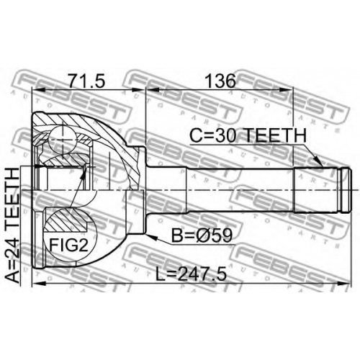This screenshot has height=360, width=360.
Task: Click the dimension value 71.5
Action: coord(86,81)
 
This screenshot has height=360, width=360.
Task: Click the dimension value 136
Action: coord(221,81)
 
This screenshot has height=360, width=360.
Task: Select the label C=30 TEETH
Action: coord(248,135)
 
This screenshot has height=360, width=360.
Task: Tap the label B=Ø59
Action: coord(202,235)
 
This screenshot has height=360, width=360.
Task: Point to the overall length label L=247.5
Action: coord(191,274)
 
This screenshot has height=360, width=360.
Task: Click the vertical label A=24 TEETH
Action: coord(12,225)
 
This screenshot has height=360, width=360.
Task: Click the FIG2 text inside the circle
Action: coord(69,246)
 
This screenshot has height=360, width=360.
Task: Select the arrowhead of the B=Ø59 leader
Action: coord(151,237)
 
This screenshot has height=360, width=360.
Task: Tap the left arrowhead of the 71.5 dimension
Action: coord(38,90)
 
